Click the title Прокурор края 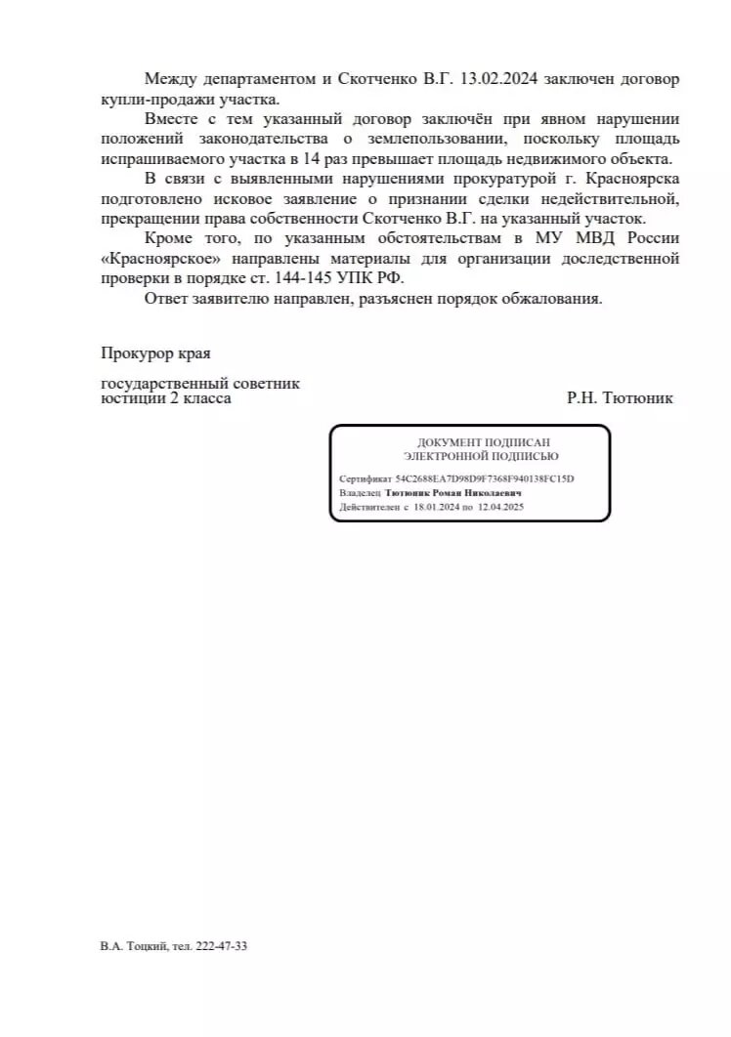click(x=155, y=353)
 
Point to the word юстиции click(x=132, y=398)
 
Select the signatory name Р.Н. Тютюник click(x=619, y=398)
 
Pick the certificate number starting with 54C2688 click(x=485, y=479)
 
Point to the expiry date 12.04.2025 click(x=500, y=508)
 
